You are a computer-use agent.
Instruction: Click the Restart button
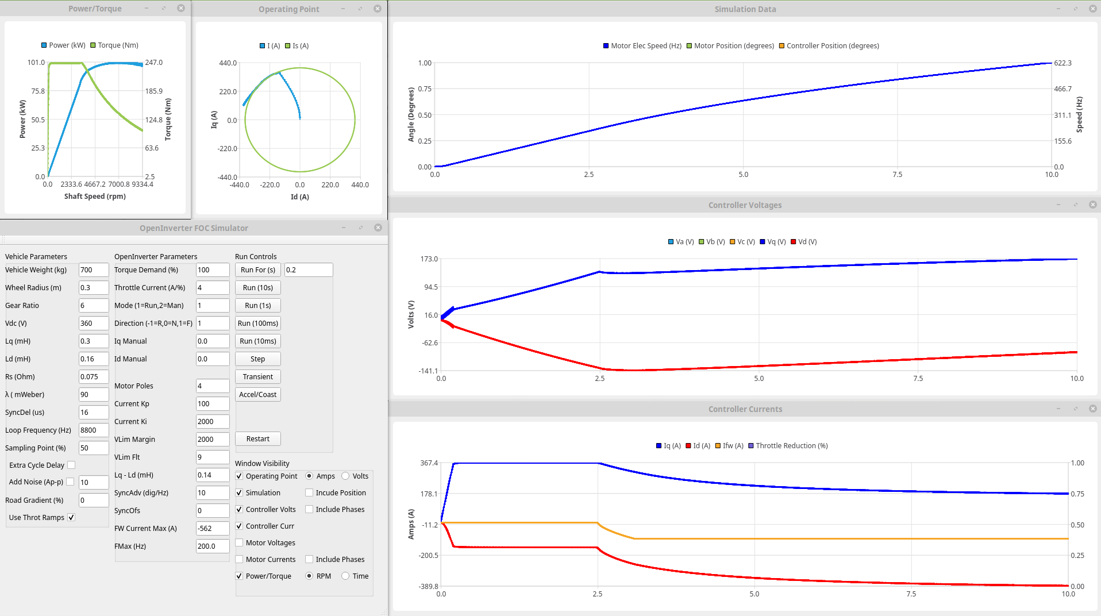[x=257, y=439]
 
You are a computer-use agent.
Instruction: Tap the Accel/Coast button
[x=257, y=395]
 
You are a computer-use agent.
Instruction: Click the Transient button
[x=257, y=377]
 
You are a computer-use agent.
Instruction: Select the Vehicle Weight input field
[x=93, y=270]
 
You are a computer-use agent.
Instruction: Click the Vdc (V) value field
[x=93, y=324]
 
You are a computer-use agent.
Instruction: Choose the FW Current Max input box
[x=212, y=529]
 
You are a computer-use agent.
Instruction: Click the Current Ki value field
[x=212, y=422]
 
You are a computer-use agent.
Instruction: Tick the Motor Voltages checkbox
[x=240, y=543]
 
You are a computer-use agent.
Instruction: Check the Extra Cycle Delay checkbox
[x=71, y=465]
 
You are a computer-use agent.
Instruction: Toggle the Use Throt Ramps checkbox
[x=71, y=518]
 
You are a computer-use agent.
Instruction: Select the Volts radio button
[x=345, y=476]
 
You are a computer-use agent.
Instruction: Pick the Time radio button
[x=345, y=576]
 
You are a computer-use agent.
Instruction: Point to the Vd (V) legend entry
[x=804, y=242]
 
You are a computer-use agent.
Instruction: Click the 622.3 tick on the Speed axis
[x=1062, y=63]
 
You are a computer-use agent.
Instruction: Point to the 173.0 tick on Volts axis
[x=429, y=259]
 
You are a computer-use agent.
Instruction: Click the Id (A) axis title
[x=299, y=197]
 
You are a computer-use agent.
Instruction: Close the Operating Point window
[x=378, y=9]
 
